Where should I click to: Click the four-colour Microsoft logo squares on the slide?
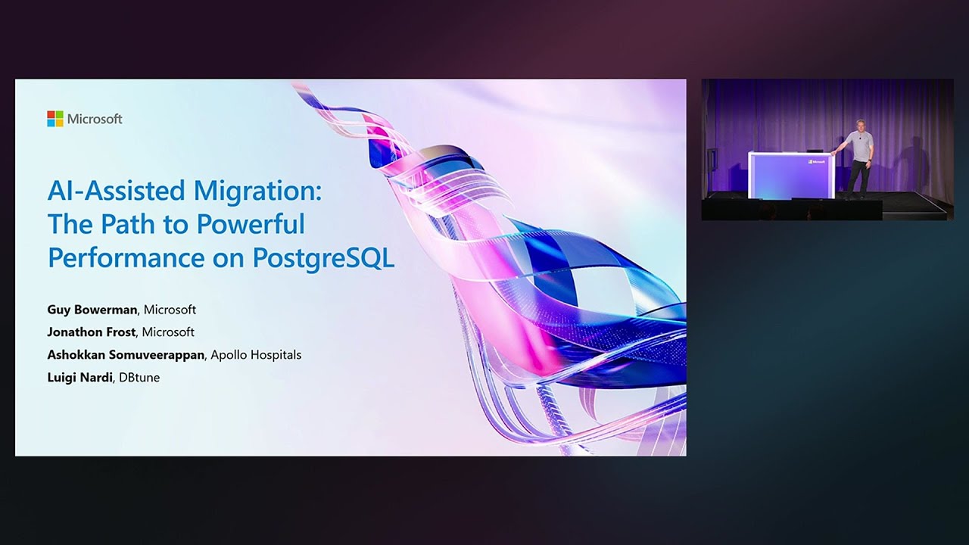pos(55,119)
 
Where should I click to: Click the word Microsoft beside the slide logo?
pos(95,119)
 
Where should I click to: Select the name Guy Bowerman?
pos(92,310)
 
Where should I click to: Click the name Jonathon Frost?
pos(92,332)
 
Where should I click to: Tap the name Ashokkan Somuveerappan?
pos(125,354)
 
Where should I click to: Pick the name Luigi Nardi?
pos(79,377)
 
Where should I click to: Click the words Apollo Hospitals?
pos(256,354)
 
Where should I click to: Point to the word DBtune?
pos(139,377)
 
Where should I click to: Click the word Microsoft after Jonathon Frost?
pos(168,332)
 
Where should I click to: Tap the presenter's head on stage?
pos(861,125)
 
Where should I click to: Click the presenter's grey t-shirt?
pos(860,145)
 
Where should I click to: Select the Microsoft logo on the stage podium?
pos(816,161)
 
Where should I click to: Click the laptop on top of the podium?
pos(815,150)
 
